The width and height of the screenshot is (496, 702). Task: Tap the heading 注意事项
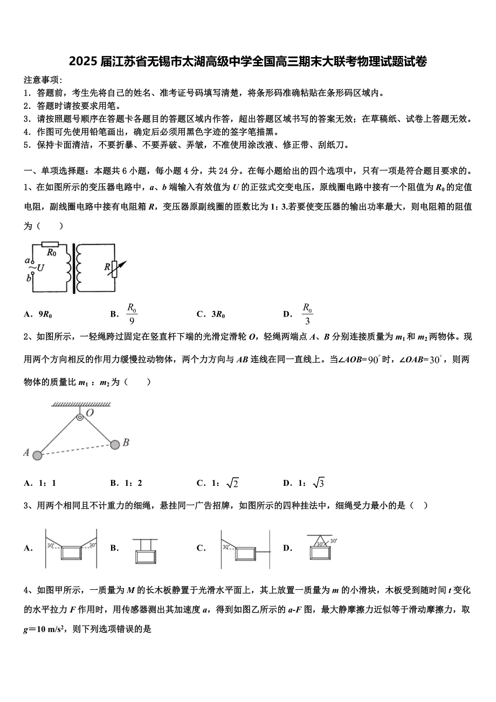click(43, 79)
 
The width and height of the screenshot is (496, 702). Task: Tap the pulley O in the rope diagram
click(80, 417)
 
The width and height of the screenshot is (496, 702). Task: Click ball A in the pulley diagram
click(37, 456)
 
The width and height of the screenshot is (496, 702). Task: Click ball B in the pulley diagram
click(114, 444)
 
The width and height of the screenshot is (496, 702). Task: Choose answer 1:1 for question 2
click(47, 483)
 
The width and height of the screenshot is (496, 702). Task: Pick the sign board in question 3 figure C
click(245, 554)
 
